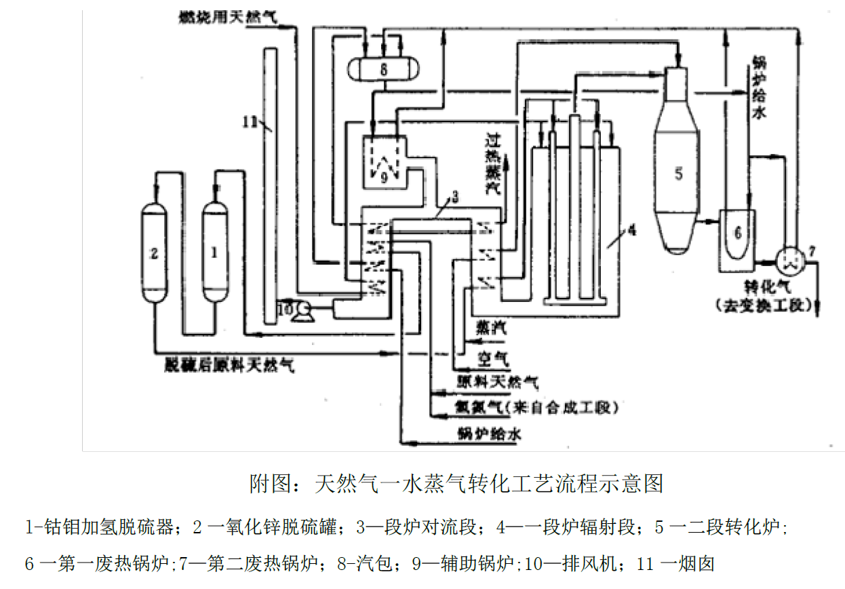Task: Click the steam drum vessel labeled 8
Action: (x=382, y=69)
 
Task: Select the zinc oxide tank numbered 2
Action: (x=154, y=251)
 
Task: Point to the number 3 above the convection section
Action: (x=454, y=197)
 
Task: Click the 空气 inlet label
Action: (x=490, y=356)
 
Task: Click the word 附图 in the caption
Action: (x=264, y=484)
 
